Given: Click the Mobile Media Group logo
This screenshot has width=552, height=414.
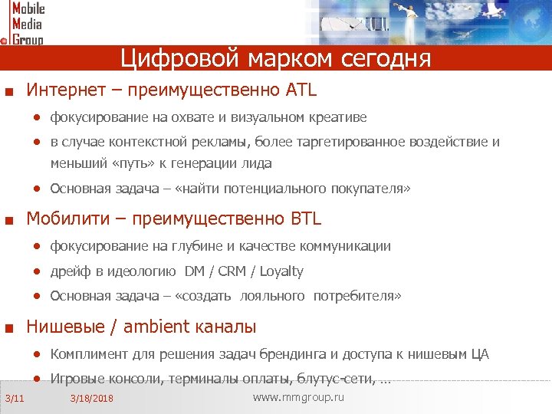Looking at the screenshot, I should pyautogui.click(x=23, y=23).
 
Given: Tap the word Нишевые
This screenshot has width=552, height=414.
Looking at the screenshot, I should pyautogui.click(x=64, y=327).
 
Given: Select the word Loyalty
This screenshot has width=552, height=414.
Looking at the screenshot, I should pyautogui.click(x=281, y=271).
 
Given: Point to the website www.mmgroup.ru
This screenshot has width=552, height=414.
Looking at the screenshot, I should pyautogui.click(x=298, y=397).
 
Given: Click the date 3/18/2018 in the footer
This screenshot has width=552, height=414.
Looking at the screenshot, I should pyautogui.click(x=91, y=399).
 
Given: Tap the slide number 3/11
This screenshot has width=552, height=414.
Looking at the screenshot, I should pyautogui.click(x=15, y=398).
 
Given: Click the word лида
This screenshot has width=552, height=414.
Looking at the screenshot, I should pyautogui.click(x=257, y=163).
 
